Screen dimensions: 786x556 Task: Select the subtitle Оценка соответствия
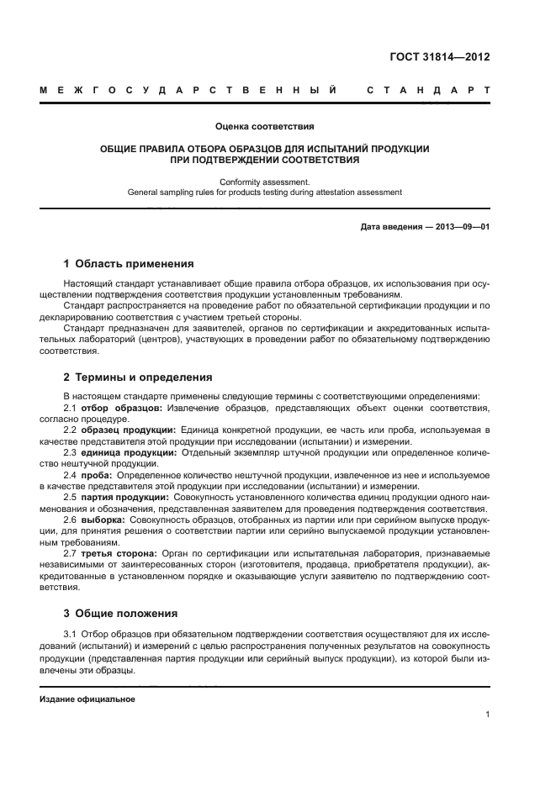264,127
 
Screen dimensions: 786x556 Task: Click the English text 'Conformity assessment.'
264,182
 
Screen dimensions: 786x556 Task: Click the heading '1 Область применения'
129,263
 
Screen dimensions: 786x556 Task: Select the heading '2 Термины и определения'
138,377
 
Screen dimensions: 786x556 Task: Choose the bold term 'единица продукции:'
125,452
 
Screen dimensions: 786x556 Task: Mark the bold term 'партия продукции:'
122,498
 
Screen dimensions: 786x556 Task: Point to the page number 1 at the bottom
487,715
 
